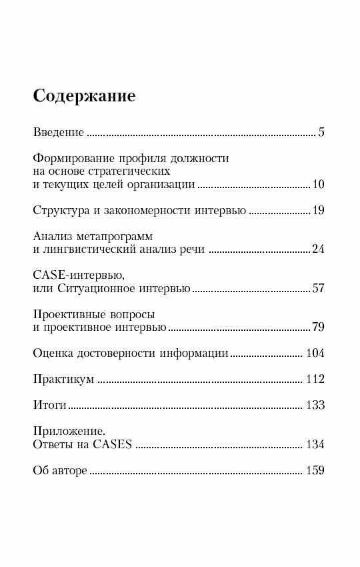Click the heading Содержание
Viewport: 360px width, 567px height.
coord(84,97)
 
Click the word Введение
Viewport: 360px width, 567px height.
coord(59,132)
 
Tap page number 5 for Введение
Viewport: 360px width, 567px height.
coord(321,132)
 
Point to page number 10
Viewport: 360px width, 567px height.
coord(317,185)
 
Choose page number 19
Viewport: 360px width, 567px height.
coord(317,211)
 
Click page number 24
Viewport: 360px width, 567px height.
coord(317,250)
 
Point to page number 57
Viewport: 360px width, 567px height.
coord(317,289)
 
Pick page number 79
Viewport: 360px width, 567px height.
coord(317,328)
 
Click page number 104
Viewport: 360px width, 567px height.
coord(314,354)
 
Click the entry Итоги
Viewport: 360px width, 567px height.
coord(50,406)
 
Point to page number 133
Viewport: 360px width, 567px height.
coord(314,406)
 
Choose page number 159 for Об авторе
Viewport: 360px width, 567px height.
coord(314,471)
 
